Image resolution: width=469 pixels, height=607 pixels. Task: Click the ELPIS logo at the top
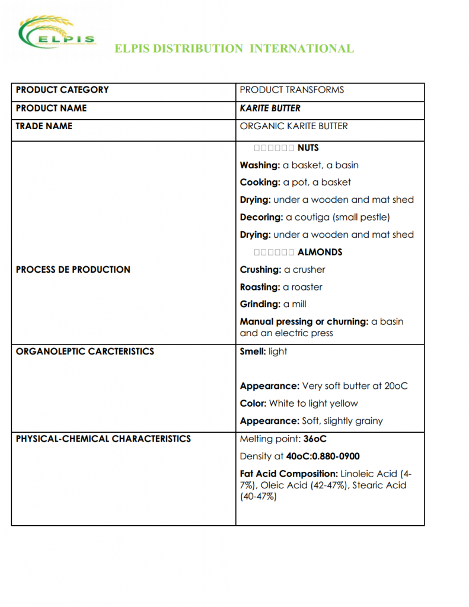tap(57, 34)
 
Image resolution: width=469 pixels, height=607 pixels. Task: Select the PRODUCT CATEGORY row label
tap(62, 90)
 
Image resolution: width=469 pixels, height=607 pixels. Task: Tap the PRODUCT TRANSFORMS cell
tap(292, 90)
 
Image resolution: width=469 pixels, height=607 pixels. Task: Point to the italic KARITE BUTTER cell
tap(270, 108)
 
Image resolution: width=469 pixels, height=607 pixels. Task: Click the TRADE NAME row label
tap(44, 126)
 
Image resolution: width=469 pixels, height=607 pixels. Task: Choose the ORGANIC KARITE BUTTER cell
tap(293, 126)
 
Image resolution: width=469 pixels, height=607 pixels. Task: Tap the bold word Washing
tap(259, 165)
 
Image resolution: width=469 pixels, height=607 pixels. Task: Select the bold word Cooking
tap(260, 183)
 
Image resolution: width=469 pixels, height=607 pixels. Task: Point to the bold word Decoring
tap(261, 217)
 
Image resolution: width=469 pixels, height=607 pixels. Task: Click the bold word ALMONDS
tap(320, 252)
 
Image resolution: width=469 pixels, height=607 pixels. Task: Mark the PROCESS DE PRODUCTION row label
tap(73, 270)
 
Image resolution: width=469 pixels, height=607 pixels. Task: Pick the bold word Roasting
tap(260, 287)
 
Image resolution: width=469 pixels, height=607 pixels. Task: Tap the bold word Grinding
tap(260, 304)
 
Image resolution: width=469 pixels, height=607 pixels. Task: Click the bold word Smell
tap(253, 352)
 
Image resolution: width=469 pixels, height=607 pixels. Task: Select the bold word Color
tap(253, 404)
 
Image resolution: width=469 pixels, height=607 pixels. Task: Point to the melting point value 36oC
tap(315, 439)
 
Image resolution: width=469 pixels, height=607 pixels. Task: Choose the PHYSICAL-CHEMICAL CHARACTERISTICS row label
tap(103, 439)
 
